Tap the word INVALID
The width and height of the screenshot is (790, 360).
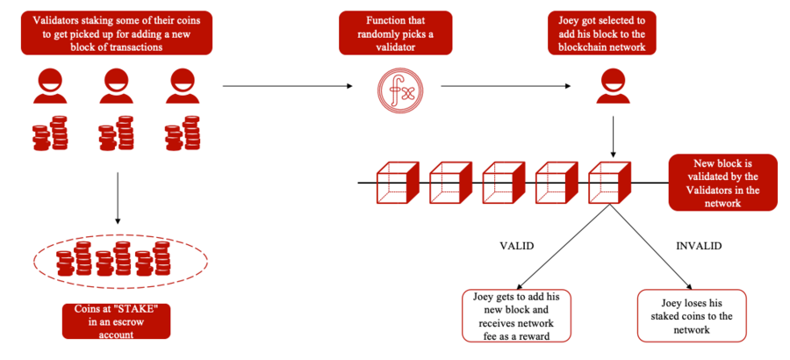(699, 247)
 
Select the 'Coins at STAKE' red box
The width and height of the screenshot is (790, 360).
(115, 320)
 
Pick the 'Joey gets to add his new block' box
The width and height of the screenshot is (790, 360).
(516, 314)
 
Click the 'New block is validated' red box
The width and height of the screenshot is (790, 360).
(722, 183)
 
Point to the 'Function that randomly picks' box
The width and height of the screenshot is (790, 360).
(396, 32)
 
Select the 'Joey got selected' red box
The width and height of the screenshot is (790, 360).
(602, 32)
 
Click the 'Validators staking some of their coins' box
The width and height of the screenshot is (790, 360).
(117, 32)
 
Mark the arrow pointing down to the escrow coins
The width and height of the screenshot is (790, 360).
(117, 197)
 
